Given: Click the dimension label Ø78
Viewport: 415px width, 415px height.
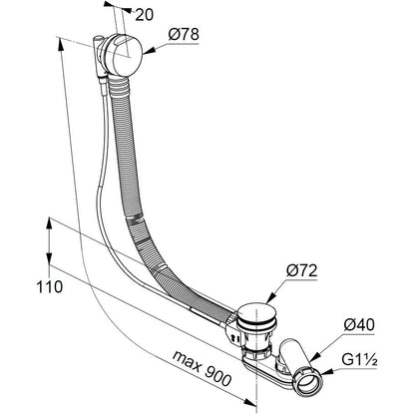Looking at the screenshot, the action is click(184, 34).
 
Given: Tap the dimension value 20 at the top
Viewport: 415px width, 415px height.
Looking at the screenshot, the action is click(145, 15).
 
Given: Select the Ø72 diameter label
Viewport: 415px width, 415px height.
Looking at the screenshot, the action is click(301, 271).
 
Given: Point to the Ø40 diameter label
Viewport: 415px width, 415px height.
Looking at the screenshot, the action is click(359, 324).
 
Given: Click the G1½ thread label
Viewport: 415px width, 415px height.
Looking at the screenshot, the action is click(359, 359).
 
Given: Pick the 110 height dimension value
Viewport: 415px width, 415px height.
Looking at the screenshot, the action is click(49, 286).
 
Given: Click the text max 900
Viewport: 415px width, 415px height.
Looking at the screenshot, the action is click(202, 368).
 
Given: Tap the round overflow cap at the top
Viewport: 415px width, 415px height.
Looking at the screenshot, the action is click(124, 55).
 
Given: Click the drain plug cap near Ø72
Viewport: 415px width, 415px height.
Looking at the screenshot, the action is click(254, 312).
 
